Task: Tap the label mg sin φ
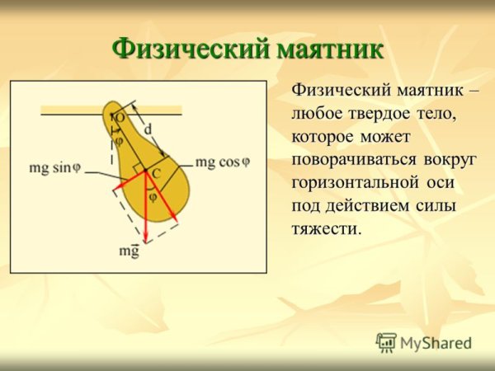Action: tap(55, 167)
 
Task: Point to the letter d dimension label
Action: tap(148, 129)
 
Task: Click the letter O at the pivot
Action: tap(119, 119)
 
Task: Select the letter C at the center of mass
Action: tap(155, 176)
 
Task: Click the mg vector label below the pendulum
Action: tap(129, 251)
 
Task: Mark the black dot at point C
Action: tap(145, 171)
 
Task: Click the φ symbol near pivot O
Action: tap(118, 140)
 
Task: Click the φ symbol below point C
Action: tap(152, 196)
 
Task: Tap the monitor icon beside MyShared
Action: tap(386, 342)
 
